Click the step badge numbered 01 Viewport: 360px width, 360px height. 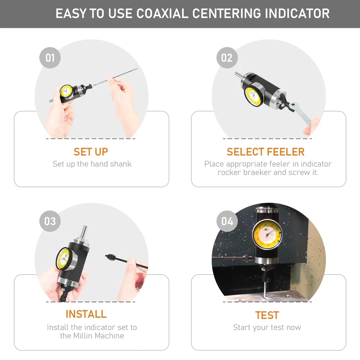pos(50,58)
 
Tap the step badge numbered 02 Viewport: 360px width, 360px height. pos(227,58)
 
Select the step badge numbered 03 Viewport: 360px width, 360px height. pos(50,221)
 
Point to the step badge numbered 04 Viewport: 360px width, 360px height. pos(227,221)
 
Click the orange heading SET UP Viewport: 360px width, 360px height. pos(91,152)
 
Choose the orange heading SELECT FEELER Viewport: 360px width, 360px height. pos(266,152)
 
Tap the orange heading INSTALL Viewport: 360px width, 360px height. pos(86,314)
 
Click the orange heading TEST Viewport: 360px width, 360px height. pos(267,315)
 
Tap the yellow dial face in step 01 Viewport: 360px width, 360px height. pos(66,91)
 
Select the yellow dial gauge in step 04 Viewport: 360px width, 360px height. pos(267,235)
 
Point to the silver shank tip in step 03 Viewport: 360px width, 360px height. pos(84,231)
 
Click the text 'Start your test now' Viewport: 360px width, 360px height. pos(267,327)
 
